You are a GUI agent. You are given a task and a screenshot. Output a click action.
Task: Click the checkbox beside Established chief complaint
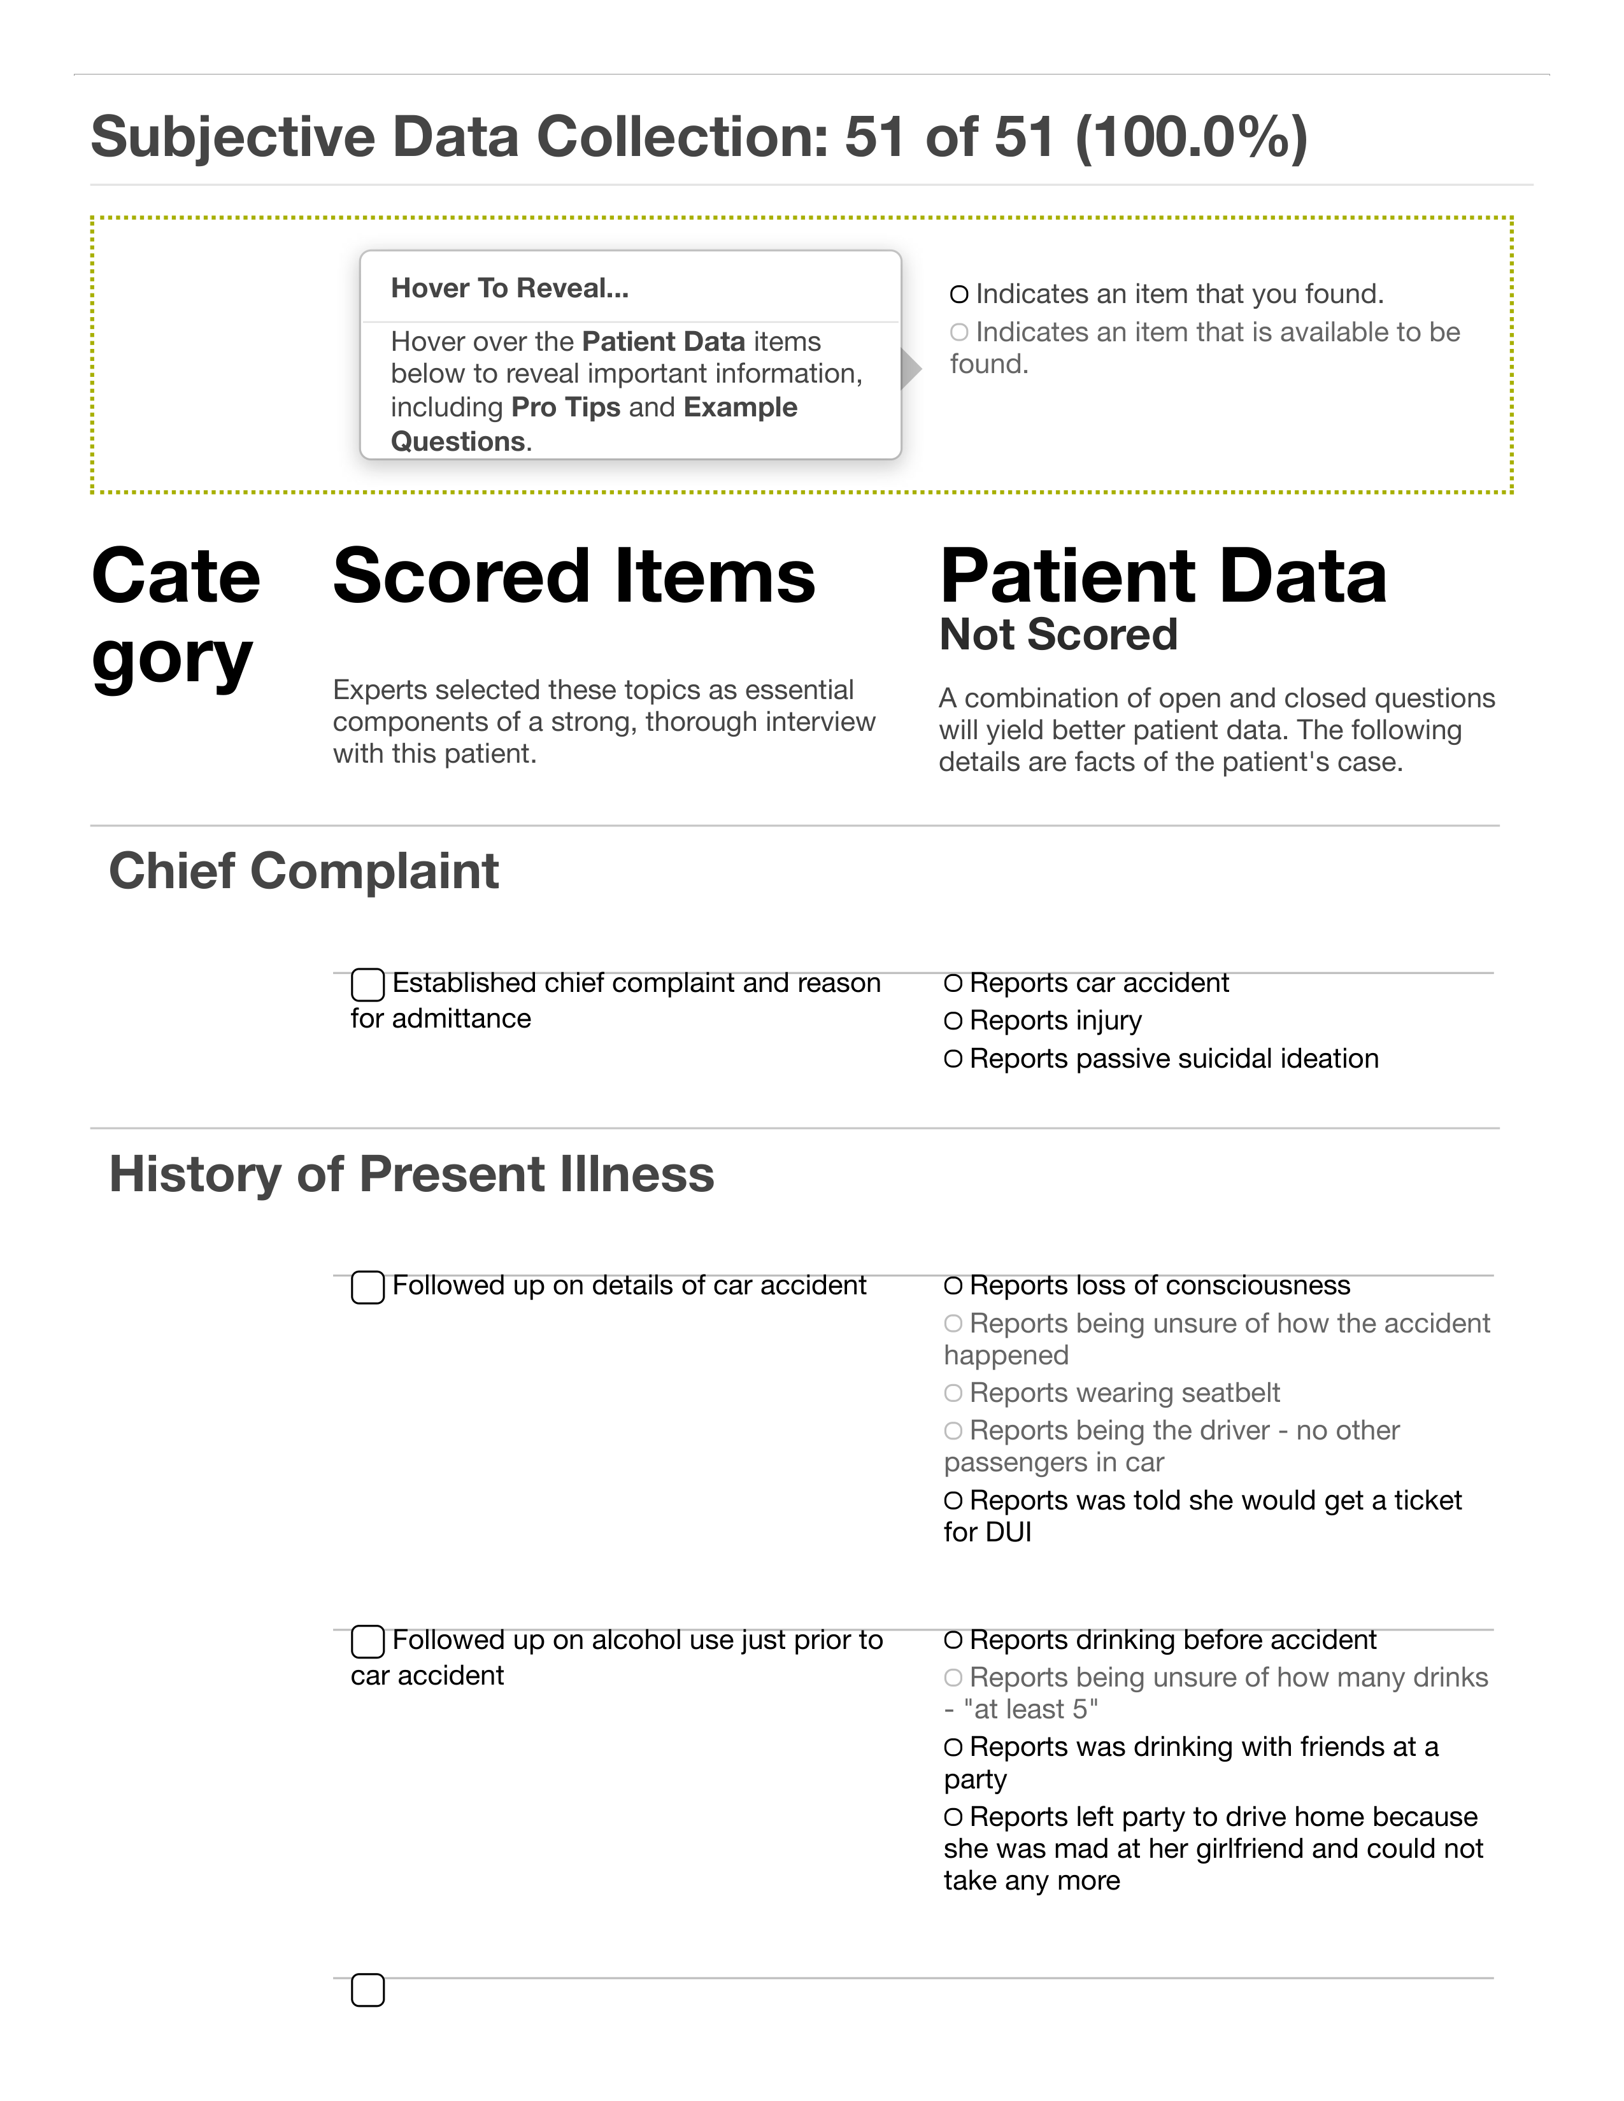coord(367,985)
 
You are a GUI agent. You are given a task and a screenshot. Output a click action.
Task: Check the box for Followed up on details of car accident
coord(367,1287)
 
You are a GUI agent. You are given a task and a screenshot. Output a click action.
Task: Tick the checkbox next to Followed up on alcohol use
coord(367,1641)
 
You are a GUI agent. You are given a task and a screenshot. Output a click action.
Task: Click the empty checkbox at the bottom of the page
coord(367,1990)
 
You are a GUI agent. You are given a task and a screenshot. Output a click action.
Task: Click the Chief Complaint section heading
coord(303,872)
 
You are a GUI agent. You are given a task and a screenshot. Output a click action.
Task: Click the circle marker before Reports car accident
coord(953,983)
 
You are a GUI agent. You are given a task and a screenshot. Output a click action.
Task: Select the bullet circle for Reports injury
coord(953,1021)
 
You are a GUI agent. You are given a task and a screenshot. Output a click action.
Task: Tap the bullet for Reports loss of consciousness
coord(953,1286)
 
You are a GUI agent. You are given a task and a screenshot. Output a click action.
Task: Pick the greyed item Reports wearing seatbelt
coord(1123,1393)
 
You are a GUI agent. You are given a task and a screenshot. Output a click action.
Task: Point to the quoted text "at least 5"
coord(1030,1709)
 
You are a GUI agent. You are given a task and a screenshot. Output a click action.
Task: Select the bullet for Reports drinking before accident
coord(953,1640)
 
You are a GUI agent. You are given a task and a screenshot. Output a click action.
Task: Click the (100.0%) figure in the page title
coord(1191,137)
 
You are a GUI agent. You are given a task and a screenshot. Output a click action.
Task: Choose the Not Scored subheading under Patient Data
coord(1058,635)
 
